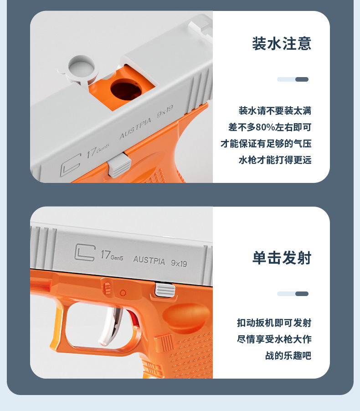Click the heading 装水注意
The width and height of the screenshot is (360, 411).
pyautogui.click(x=282, y=44)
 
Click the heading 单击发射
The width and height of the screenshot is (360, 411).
pyautogui.click(x=282, y=258)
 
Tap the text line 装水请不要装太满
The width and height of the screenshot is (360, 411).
pyautogui.click(x=275, y=111)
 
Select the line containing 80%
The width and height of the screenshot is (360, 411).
pyautogui.click(x=270, y=127)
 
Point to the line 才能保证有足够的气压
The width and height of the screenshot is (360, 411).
pyautogui.click(x=266, y=144)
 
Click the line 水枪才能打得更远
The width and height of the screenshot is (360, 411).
pyautogui.click(x=275, y=160)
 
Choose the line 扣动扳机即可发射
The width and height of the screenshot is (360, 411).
pyautogui.click(x=274, y=323)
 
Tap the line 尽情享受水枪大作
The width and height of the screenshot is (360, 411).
pyautogui.click(x=274, y=339)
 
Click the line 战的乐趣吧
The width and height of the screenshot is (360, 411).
pyautogui.click(x=288, y=356)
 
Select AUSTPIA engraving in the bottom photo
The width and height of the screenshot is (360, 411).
pyautogui.click(x=149, y=260)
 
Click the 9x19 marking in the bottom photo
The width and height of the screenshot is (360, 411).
pyautogui.click(x=179, y=263)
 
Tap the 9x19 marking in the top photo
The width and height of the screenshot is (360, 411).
pyautogui.click(x=165, y=113)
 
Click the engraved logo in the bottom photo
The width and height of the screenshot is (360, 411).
pyautogui.click(x=85, y=252)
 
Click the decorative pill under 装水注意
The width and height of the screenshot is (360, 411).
pyautogui.click(x=293, y=79)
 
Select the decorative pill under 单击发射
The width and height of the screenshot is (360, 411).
pyautogui.click(x=293, y=294)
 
